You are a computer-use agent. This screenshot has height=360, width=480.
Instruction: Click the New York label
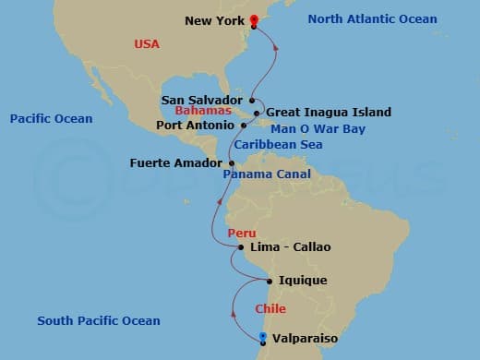pos(214,20)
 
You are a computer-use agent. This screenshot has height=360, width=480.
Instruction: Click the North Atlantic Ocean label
pos(372,19)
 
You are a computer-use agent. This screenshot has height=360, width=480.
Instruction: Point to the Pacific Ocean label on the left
pos(51,119)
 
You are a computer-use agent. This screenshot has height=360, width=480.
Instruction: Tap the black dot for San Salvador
pos(251,100)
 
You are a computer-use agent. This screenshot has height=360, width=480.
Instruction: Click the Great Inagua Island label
pos(329,112)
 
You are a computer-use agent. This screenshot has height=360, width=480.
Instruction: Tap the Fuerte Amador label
pos(176,163)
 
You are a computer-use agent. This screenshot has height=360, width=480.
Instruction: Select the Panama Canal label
pos(267,174)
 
